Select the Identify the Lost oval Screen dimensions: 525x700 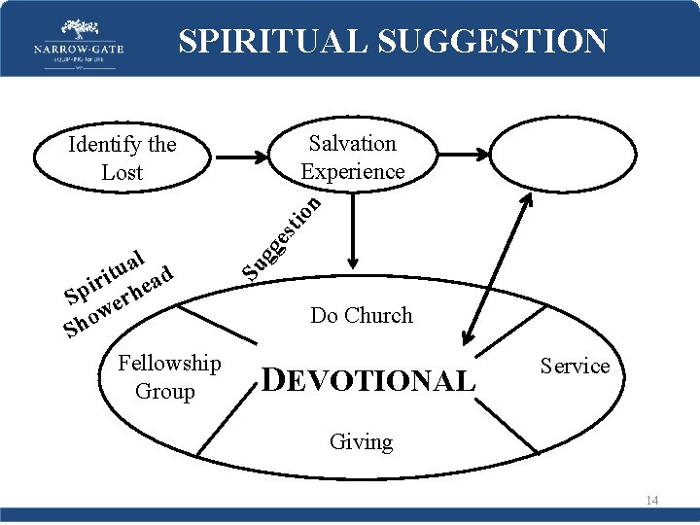coord(122,157)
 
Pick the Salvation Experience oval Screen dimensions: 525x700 coord(352,157)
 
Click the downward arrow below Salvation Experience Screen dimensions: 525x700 coord(353,229)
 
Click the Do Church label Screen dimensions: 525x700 coord(362,315)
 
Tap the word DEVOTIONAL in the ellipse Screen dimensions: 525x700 coord(369,381)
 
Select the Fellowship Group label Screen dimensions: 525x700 coord(169,376)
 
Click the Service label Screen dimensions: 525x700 coord(575,366)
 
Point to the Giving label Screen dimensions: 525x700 coord(361,441)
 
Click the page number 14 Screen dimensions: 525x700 coord(650,500)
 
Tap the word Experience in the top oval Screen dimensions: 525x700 coord(352,171)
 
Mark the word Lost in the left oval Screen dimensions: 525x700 coord(122,172)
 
